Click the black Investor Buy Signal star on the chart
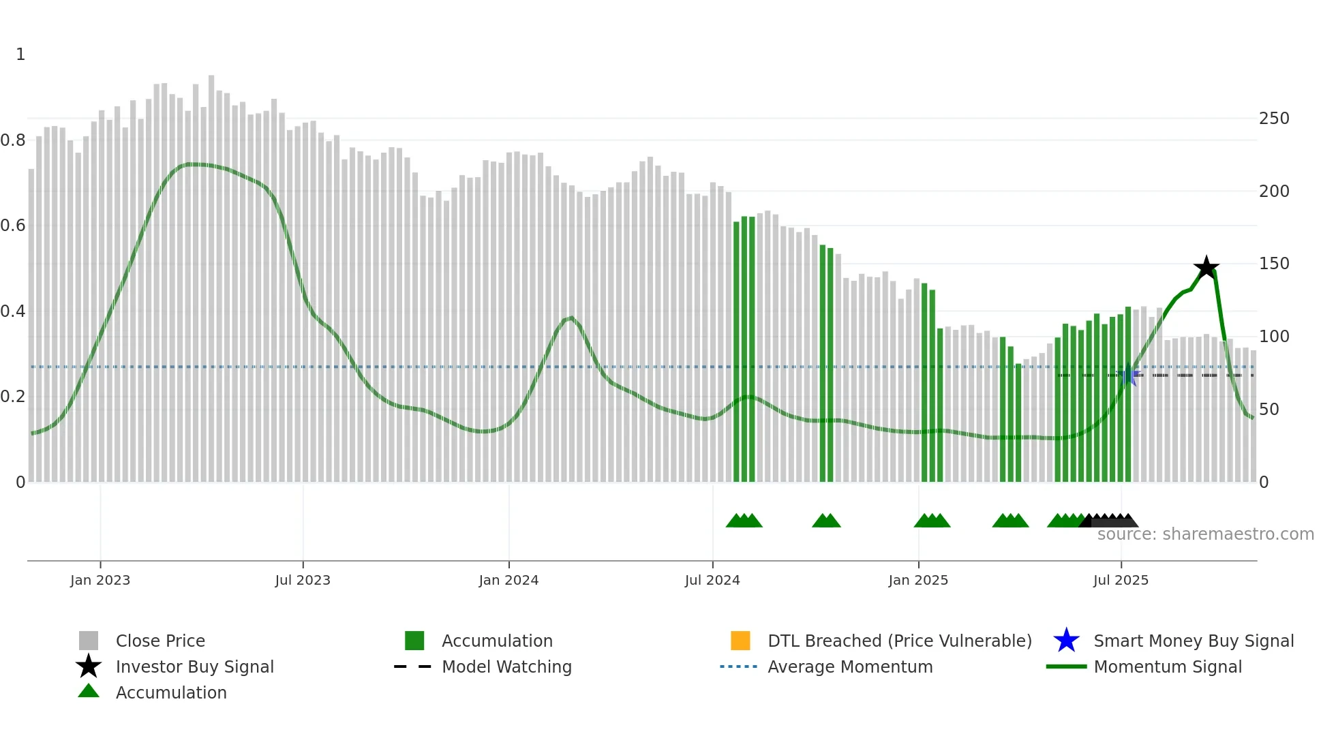point(1206,267)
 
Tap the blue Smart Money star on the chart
point(1129,375)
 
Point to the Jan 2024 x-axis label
point(508,580)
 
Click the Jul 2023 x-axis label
point(303,580)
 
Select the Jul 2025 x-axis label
point(1121,580)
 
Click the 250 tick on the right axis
point(1274,119)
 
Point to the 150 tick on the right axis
point(1274,264)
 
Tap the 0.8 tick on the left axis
point(13,140)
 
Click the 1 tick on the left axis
point(20,55)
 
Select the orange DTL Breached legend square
point(740,641)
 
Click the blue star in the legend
point(1066,641)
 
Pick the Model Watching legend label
point(506,666)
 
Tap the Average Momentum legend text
point(850,666)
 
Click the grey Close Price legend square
point(89,641)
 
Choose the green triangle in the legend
point(89,691)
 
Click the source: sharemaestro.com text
point(1205,534)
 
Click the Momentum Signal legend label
point(1168,666)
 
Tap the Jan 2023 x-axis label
point(100,580)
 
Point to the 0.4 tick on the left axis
point(13,311)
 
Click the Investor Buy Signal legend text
point(195,666)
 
